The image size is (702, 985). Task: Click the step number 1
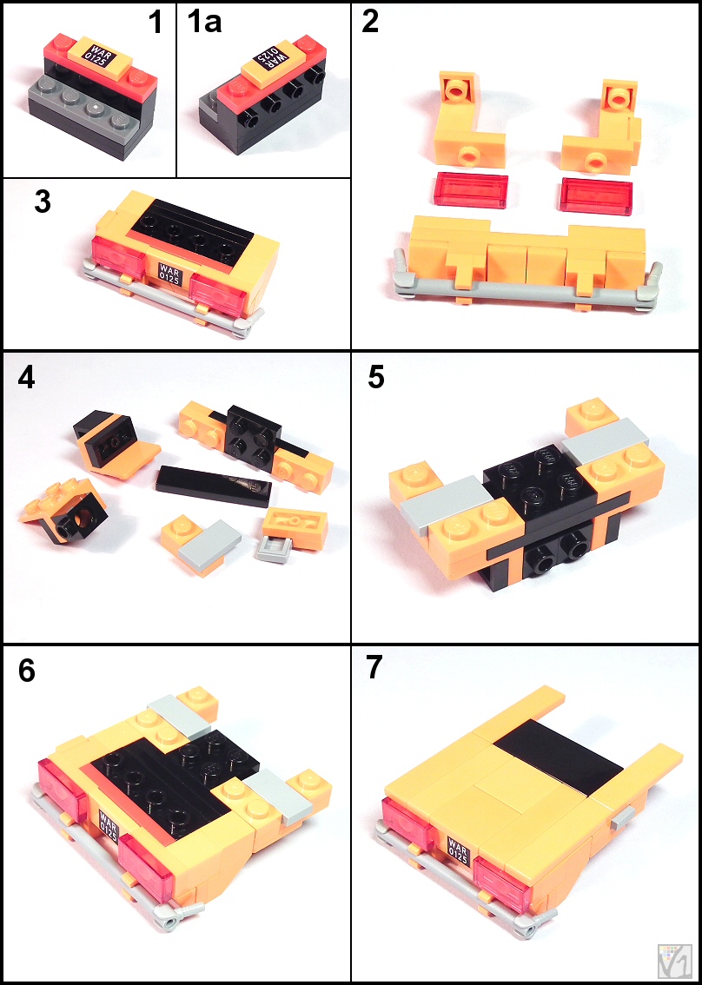pyautogui.click(x=156, y=23)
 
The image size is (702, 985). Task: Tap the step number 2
pyautogui.click(x=371, y=23)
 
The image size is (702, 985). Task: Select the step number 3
pyautogui.click(x=43, y=203)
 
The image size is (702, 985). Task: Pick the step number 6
pyautogui.click(x=26, y=671)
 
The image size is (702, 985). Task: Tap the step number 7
pyautogui.click(x=374, y=669)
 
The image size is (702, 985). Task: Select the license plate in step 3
pyautogui.click(x=170, y=274)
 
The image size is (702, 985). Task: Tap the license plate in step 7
pyautogui.click(x=458, y=849)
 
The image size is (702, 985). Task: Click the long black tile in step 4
pyautogui.click(x=214, y=486)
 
